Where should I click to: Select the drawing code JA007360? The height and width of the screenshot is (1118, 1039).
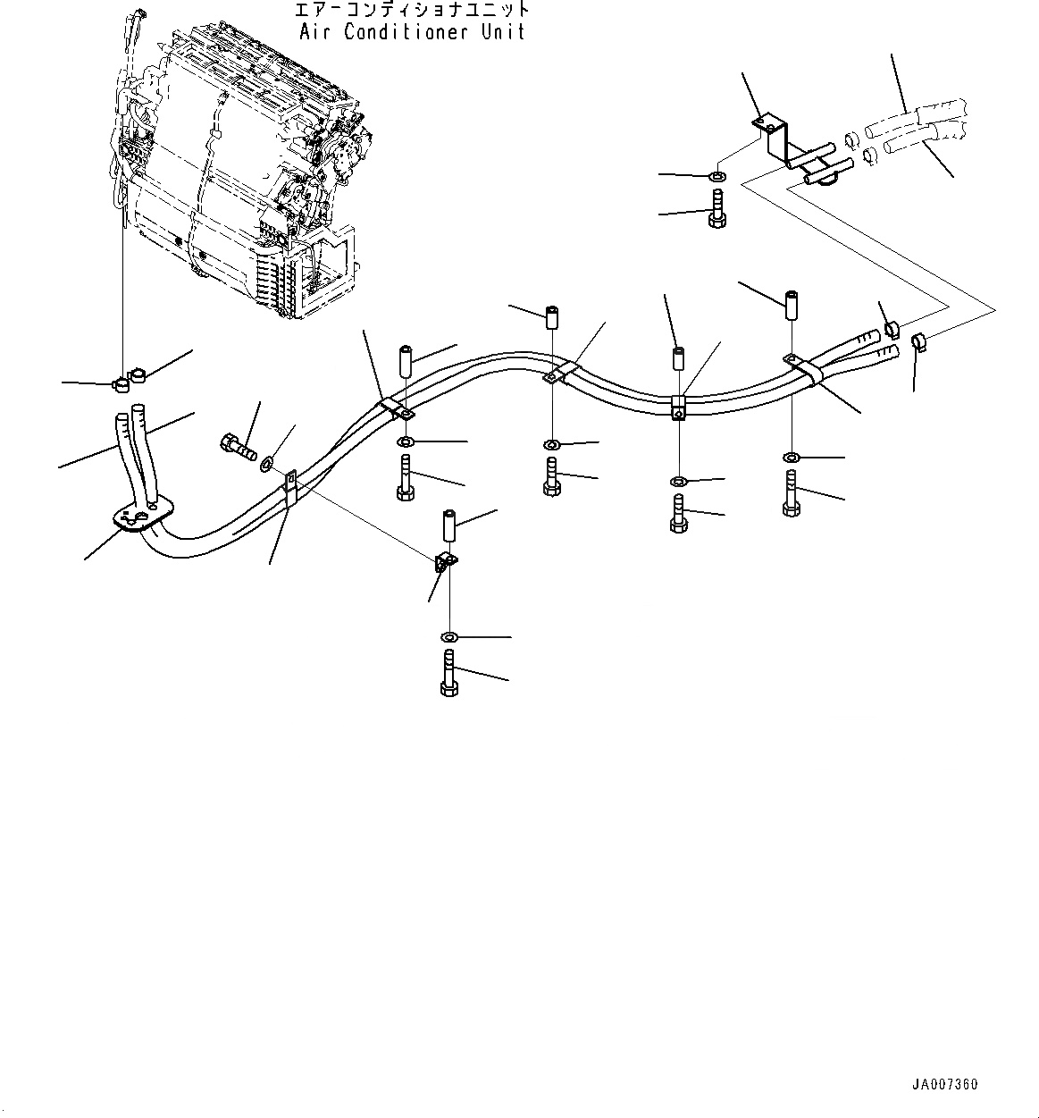pos(945,1085)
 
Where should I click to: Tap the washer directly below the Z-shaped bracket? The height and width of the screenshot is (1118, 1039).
pos(718,174)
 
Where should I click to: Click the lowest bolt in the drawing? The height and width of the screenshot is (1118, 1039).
pos(448,673)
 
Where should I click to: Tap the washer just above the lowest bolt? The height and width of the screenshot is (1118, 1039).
pos(448,636)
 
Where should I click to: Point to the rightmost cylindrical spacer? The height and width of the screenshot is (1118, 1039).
pos(791,307)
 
